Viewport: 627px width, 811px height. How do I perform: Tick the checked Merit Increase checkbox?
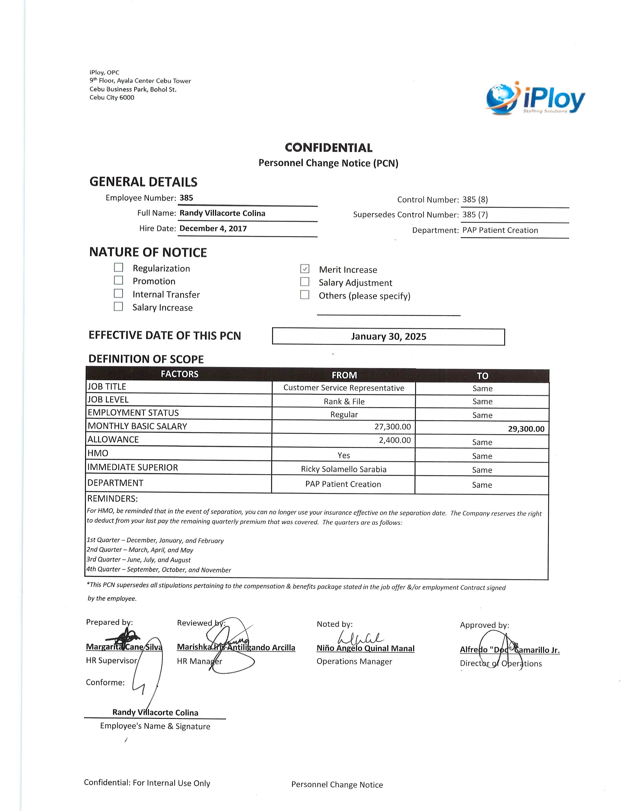(305, 268)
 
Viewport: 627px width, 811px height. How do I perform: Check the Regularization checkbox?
(119, 267)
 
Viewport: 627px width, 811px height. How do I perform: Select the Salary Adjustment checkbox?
(305, 282)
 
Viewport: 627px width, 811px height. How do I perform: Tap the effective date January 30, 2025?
(388, 336)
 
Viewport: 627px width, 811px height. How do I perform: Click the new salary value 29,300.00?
(526, 429)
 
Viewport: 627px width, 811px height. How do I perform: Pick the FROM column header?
(344, 375)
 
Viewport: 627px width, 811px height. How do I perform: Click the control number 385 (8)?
(475, 199)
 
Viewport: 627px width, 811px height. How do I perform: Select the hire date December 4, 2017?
(213, 228)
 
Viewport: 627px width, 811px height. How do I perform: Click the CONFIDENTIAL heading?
(328, 148)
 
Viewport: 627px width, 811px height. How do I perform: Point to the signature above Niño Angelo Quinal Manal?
(360, 638)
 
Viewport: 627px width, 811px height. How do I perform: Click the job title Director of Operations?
(501, 664)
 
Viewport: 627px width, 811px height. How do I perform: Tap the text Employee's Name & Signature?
(155, 726)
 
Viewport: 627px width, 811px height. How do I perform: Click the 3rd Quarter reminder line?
(138, 560)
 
